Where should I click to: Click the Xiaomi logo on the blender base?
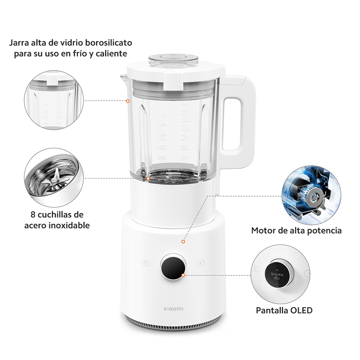click(174, 309)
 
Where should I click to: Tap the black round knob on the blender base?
click(174, 268)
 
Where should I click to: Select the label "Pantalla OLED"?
click(284, 310)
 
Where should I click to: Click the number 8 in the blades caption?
click(33, 215)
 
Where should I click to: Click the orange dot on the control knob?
click(183, 275)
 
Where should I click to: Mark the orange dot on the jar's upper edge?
click(128, 101)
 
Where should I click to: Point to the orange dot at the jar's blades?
click(148, 179)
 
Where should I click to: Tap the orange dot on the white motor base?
click(183, 242)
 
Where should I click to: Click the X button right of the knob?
click(200, 263)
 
